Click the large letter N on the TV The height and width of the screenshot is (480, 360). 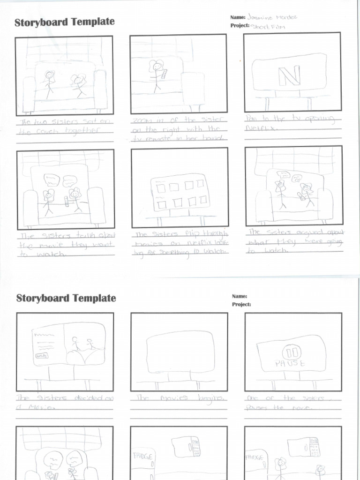(289, 76)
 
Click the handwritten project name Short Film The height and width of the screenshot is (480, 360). (268, 26)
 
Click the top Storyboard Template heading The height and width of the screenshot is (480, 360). (64, 22)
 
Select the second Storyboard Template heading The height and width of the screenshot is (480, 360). (66, 298)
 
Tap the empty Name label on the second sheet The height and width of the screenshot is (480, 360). (239, 296)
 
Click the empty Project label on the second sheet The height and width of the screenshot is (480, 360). (241, 304)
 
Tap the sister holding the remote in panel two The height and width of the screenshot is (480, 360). (156, 75)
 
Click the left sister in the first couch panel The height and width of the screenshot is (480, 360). (49, 83)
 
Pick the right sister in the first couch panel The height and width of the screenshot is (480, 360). (78, 85)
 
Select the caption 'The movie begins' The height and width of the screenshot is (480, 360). (180, 397)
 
